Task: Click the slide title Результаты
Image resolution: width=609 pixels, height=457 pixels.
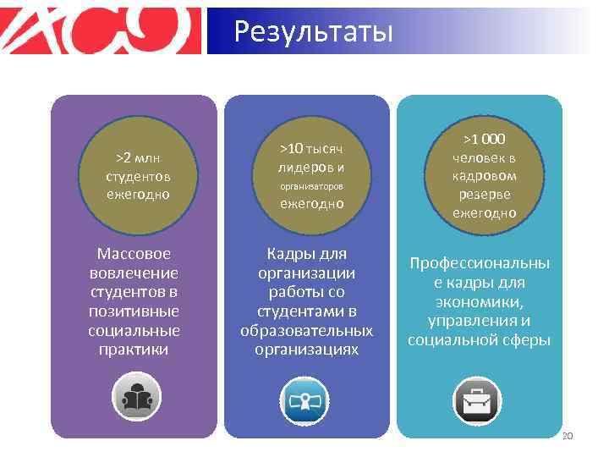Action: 314,32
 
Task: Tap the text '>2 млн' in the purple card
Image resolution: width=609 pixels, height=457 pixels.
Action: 138,158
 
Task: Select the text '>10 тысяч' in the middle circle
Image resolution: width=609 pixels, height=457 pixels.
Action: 312,148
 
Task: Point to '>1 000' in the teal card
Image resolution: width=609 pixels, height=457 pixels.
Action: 484,139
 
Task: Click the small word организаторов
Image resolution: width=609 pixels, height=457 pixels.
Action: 312,184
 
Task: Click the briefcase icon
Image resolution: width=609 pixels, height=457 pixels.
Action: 478,400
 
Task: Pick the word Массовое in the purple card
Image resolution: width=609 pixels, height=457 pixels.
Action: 134,253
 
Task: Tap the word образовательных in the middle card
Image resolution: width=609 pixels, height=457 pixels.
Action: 306,330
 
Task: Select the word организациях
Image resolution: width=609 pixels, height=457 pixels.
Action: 306,349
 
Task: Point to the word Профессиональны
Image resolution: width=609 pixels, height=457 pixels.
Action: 479,263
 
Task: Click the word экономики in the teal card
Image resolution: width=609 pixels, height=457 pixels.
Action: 479,302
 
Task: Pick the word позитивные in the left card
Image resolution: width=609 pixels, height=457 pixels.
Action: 134,311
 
